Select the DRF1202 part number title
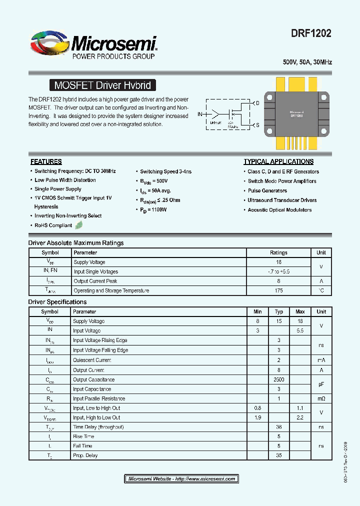311,33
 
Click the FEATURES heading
46,161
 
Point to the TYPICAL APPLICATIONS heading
278,161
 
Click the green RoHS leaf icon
78,225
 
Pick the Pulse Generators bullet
267,190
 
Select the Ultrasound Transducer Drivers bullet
282,200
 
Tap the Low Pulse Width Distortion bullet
65,180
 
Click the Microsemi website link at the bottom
181,479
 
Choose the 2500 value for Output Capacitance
279,379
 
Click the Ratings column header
279,252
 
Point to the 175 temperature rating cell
279,290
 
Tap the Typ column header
279,311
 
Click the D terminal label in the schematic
257,103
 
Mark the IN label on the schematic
200,114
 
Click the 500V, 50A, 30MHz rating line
307,62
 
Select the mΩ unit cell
321,398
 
